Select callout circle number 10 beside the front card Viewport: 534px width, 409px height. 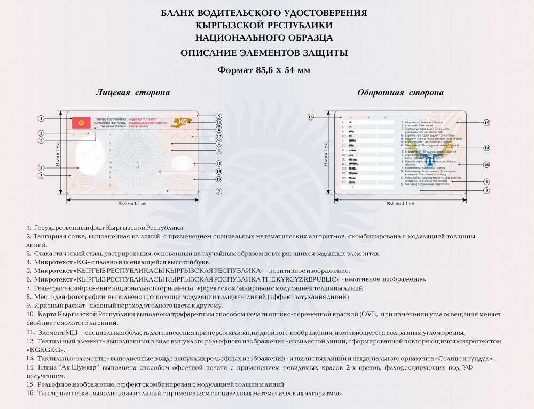point(219,122)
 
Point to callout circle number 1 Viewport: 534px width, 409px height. point(41,118)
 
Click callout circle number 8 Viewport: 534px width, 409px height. point(41,168)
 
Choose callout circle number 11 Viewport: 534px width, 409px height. point(219,163)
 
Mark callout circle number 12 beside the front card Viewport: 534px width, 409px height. point(219,137)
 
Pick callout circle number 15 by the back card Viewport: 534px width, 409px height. point(486,123)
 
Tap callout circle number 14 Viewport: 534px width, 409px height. point(486,147)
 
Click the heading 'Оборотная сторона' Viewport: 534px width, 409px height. point(400,93)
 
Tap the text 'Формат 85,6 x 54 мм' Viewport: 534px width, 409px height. point(264,70)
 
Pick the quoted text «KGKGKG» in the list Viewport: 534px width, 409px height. point(45,349)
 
